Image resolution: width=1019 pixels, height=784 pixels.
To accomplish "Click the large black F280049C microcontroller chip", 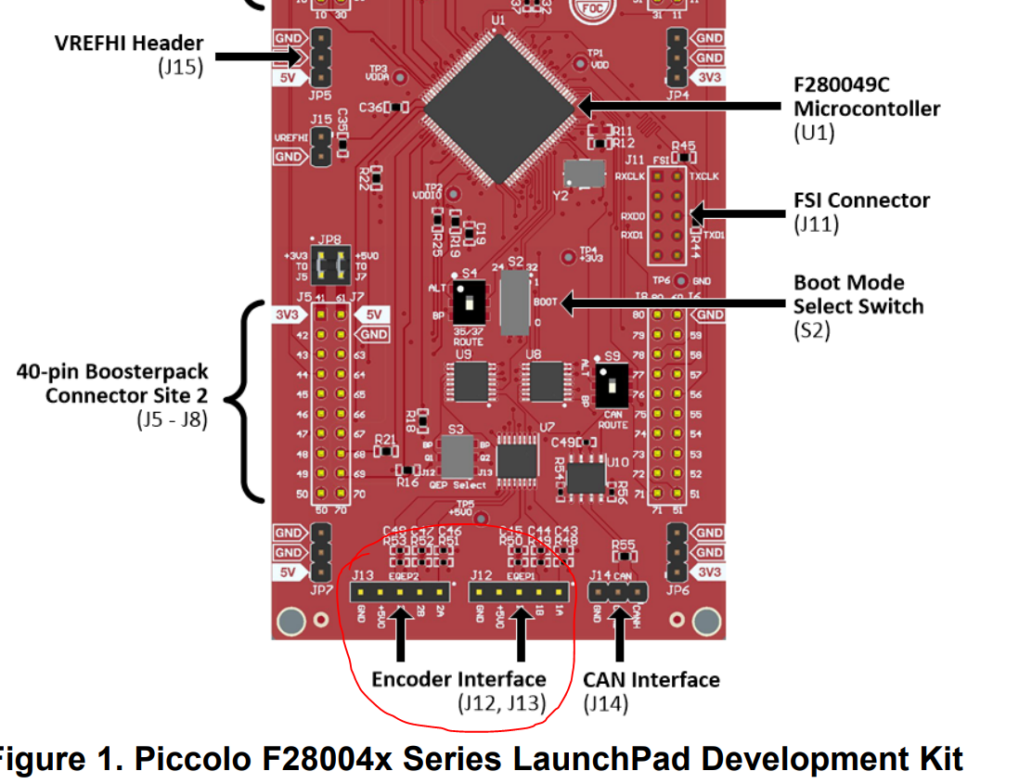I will point(499,108).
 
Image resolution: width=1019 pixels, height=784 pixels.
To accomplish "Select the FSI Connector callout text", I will point(860,200).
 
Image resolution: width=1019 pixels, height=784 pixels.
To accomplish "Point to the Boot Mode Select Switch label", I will point(858,294).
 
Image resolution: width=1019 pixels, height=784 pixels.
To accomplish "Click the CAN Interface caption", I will point(651,679).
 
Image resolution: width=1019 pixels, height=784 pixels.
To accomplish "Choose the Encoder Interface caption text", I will point(458,678).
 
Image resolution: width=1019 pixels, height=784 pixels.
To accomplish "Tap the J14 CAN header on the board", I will point(619,591).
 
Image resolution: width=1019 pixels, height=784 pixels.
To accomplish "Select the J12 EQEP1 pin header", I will point(519,591).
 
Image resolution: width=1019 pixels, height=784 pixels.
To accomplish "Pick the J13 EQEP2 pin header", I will point(400,591).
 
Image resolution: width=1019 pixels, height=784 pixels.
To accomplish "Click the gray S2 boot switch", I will point(514,302).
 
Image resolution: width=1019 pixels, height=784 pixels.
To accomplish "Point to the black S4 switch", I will point(468,300).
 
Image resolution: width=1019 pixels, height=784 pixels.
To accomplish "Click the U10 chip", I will point(587,477).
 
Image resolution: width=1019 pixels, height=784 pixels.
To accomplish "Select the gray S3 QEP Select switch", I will point(457,456).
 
